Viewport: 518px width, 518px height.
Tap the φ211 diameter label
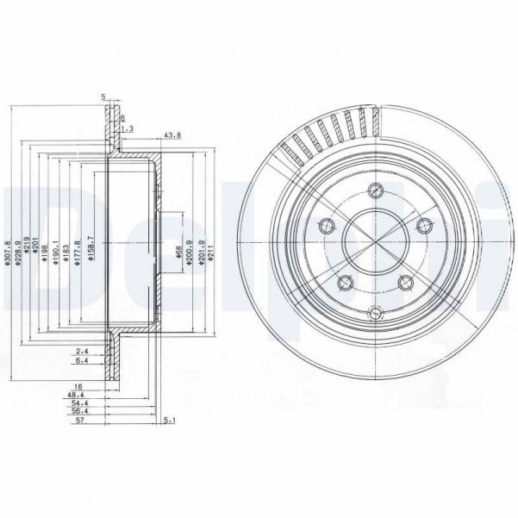[x=209, y=252]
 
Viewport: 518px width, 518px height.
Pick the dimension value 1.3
[x=128, y=128]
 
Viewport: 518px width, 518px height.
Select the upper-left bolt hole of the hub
[x=325, y=227]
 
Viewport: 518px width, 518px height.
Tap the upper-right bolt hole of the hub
[x=421, y=225]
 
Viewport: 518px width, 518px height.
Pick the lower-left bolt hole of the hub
[x=343, y=283]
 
